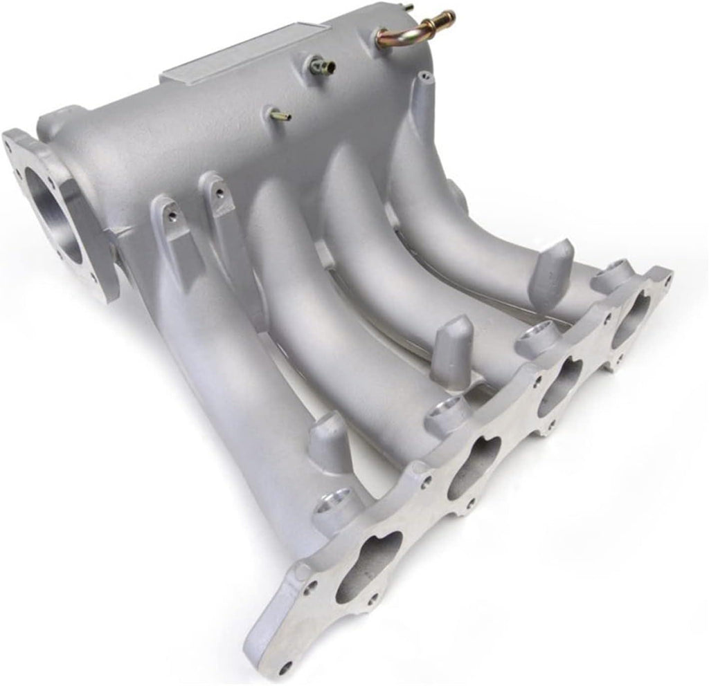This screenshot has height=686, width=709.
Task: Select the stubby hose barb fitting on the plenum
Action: pyautogui.click(x=323, y=66)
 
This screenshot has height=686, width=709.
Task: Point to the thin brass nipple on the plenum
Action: pyautogui.click(x=280, y=115)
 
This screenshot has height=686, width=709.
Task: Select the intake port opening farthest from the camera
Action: pyautogui.click(x=630, y=319)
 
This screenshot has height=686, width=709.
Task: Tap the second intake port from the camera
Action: pyautogui.click(x=474, y=467)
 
